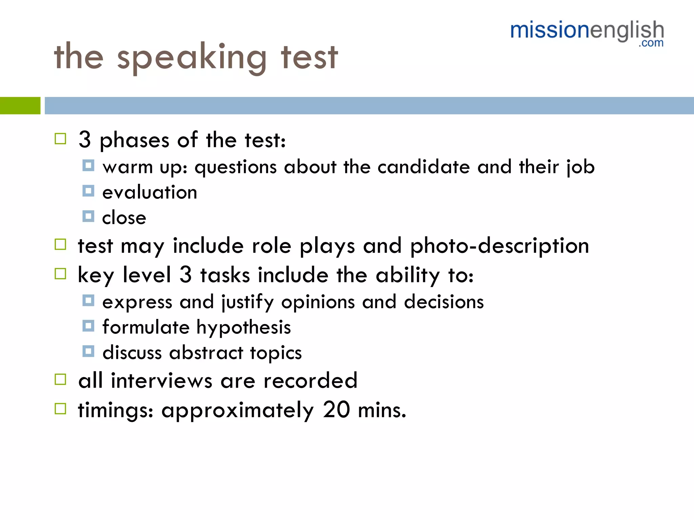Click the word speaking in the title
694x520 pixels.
pyautogui.click(x=192, y=58)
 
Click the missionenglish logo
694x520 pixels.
pyautogui.click(x=587, y=31)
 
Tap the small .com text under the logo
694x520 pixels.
pyautogui.click(x=651, y=43)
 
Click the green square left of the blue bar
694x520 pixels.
pyautogui.click(x=20, y=106)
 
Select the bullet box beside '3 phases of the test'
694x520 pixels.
pyautogui.click(x=60, y=139)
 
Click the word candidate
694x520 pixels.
pyautogui.click(x=424, y=167)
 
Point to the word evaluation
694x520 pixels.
pyautogui.click(x=150, y=192)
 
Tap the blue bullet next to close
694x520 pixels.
pyautogui.click(x=88, y=216)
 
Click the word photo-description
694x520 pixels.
pyautogui.click(x=499, y=246)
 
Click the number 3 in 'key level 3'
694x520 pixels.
pyautogui.click(x=186, y=274)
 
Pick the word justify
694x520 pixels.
pyautogui.click(x=247, y=302)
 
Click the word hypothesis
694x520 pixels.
pyautogui.click(x=244, y=327)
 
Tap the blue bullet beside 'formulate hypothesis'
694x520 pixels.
pyautogui.click(x=88, y=326)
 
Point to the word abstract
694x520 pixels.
pyautogui.click(x=206, y=352)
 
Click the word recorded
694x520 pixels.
pyautogui.click(x=310, y=380)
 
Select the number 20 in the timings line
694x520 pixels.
pyautogui.click(x=336, y=410)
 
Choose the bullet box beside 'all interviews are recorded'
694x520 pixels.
pyautogui.click(x=60, y=380)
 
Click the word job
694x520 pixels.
pyautogui.click(x=580, y=167)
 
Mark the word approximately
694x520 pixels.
pyautogui.click(x=238, y=410)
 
